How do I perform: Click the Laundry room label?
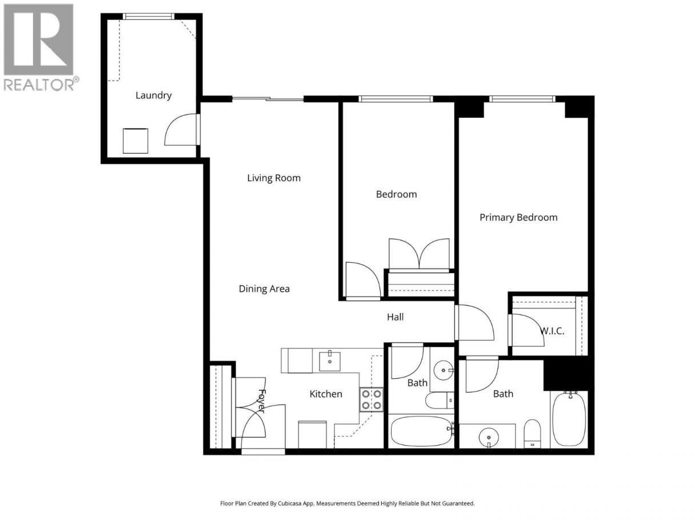(x=154, y=95)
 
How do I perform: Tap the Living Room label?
(x=274, y=178)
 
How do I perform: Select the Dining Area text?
(x=264, y=289)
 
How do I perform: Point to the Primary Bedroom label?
(x=518, y=218)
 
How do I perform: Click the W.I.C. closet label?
(x=552, y=331)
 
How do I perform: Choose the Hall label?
(x=395, y=317)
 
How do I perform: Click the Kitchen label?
(x=326, y=394)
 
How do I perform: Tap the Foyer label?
(x=261, y=401)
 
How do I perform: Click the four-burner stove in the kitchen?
(x=372, y=399)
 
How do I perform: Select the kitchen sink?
(x=330, y=361)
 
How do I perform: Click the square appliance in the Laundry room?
(x=135, y=141)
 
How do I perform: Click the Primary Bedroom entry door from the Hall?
(x=475, y=322)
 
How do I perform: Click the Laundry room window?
(x=149, y=17)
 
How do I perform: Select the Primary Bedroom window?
(x=522, y=99)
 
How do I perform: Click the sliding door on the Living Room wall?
(x=268, y=99)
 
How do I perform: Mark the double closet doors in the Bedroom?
(x=419, y=254)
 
